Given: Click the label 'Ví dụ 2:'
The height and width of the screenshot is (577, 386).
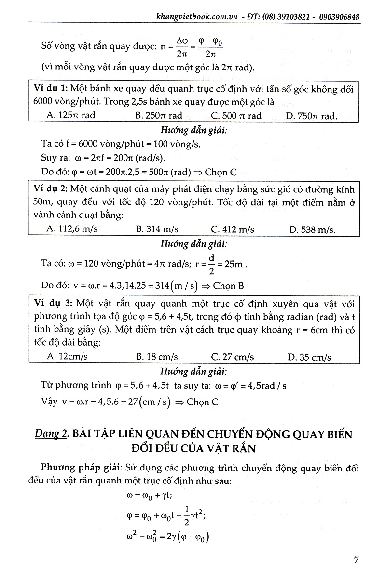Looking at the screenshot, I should coord(52,189).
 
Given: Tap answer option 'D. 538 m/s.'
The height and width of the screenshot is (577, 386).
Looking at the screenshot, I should coord(312,229).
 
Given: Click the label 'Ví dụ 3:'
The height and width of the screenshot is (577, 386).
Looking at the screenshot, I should coord(54,303).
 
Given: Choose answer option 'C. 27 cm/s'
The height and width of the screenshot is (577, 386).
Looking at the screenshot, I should coord(233,357).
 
